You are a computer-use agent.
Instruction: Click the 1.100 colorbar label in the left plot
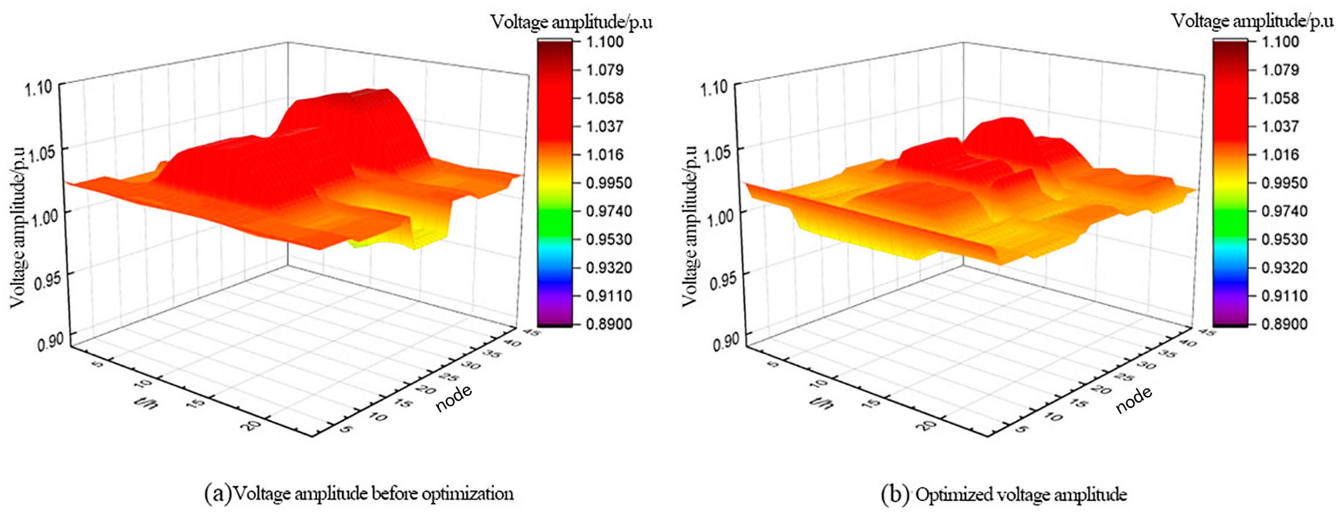(x=604, y=41)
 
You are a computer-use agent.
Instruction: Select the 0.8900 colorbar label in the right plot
(x=1280, y=324)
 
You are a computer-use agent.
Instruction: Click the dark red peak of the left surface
(x=364, y=96)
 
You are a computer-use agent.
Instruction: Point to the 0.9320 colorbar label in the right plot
(x=1280, y=268)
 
